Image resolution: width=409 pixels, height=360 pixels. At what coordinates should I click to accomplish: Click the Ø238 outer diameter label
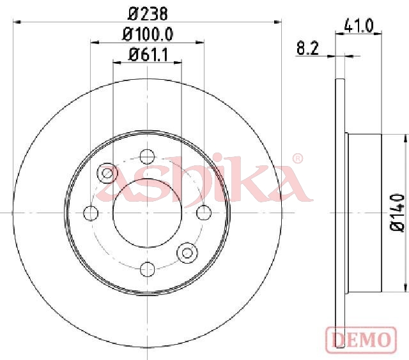coord(148,14)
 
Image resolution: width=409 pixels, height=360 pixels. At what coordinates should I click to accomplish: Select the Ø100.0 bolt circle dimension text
coord(148,34)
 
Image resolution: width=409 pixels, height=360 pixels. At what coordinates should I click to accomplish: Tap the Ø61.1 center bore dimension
coord(148,55)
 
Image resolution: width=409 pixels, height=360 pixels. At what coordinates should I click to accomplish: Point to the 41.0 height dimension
coord(359,26)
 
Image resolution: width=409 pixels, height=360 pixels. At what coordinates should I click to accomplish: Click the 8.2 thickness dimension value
coord(308,49)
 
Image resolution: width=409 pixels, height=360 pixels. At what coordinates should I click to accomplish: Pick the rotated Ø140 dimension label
coord(397,213)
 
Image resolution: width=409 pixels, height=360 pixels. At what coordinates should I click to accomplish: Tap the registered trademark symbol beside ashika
coord(297,159)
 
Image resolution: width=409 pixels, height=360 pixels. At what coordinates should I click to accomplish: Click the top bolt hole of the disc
coord(147,156)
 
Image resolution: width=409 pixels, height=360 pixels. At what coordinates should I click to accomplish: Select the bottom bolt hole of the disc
coord(148,269)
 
